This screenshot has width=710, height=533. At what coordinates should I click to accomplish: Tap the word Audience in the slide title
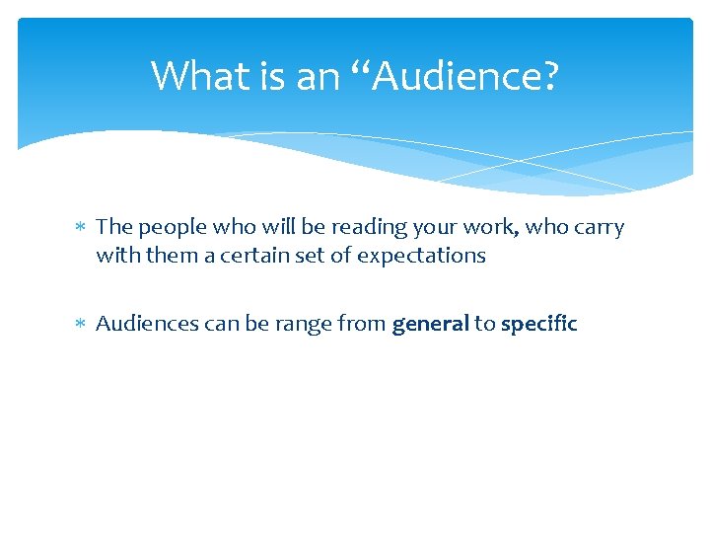[460, 75]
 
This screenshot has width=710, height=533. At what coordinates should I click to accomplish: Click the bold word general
[430, 324]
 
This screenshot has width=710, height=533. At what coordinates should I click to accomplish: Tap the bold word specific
[538, 324]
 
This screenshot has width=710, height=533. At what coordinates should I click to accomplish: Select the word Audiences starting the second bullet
[144, 324]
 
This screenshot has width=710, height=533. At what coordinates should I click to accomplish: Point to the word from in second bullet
[364, 324]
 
